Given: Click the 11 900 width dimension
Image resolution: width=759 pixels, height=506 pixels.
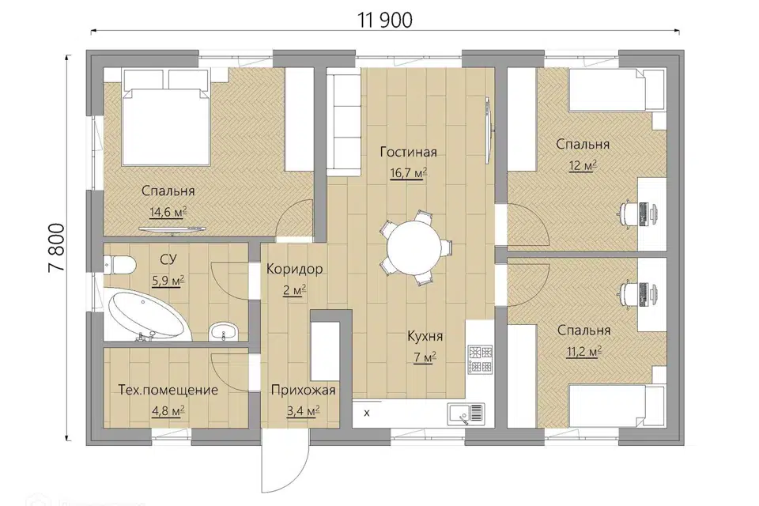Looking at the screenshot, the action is [x=385, y=21].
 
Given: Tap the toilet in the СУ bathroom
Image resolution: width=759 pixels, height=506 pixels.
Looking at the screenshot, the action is [x=119, y=265].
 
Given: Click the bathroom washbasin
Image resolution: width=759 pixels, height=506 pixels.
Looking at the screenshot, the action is [x=224, y=332].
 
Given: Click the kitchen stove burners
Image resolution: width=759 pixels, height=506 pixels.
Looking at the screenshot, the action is [x=480, y=360].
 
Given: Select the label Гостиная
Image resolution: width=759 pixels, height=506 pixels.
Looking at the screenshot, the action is [x=408, y=152].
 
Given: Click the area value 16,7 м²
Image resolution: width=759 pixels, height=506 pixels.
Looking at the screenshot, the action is [x=408, y=173].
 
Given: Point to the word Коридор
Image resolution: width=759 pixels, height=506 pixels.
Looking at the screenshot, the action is [x=294, y=270].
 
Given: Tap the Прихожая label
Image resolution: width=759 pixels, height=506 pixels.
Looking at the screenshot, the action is [x=303, y=390].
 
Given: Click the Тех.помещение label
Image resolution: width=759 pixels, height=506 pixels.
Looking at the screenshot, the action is [x=168, y=390].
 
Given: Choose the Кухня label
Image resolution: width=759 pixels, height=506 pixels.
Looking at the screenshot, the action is [x=425, y=336].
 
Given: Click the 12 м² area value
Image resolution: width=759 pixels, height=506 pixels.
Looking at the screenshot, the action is [x=583, y=165].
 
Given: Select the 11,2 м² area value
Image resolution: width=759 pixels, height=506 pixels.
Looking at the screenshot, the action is [x=583, y=351].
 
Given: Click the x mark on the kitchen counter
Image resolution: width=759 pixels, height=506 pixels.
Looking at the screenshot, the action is [x=366, y=413].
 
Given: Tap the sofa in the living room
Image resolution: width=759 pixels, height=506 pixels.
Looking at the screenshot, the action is [x=344, y=122].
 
